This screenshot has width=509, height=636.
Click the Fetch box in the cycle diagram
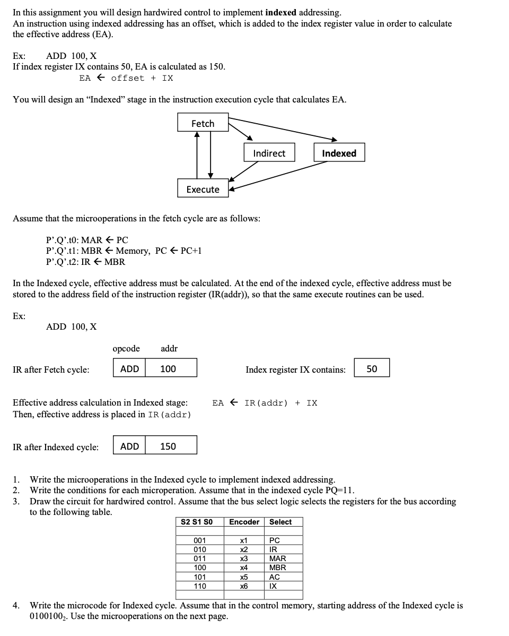(x=203, y=123)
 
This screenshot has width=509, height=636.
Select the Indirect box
(x=269, y=153)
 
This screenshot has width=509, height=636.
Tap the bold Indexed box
(x=339, y=153)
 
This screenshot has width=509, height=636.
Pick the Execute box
(x=203, y=189)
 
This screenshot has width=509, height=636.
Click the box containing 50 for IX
(x=372, y=368)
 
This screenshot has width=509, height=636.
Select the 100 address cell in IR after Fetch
(x=168, y=368)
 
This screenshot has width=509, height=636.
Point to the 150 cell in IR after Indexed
(x=168, y=446)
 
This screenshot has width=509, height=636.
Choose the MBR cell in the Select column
(x=278, y=568)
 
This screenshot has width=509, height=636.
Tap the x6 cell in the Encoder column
(x=244, y=586)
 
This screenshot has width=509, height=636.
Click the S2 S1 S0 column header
(x=197, y=522)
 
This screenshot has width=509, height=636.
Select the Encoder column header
(x=244, y=522)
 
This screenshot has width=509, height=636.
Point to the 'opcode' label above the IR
(x=126, y=348)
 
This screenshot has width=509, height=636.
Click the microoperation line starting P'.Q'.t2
(x=86, y=261)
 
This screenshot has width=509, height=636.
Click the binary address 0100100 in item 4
(x=48, y=616)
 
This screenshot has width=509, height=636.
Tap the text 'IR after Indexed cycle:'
(x=56, y=447)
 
